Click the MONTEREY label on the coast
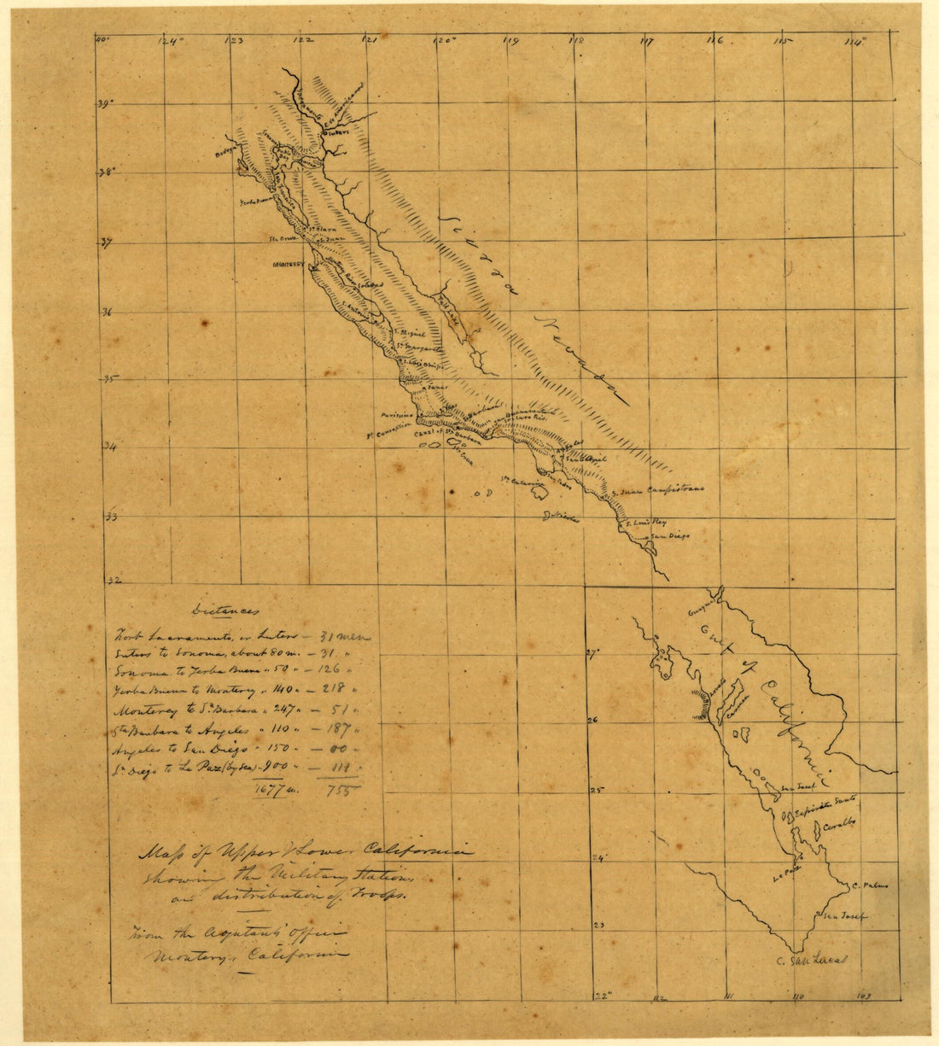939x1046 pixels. (289, 265)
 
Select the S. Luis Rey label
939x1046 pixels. (645, 523)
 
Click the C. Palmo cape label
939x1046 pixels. (871, 885)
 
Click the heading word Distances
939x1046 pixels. (225, 611)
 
